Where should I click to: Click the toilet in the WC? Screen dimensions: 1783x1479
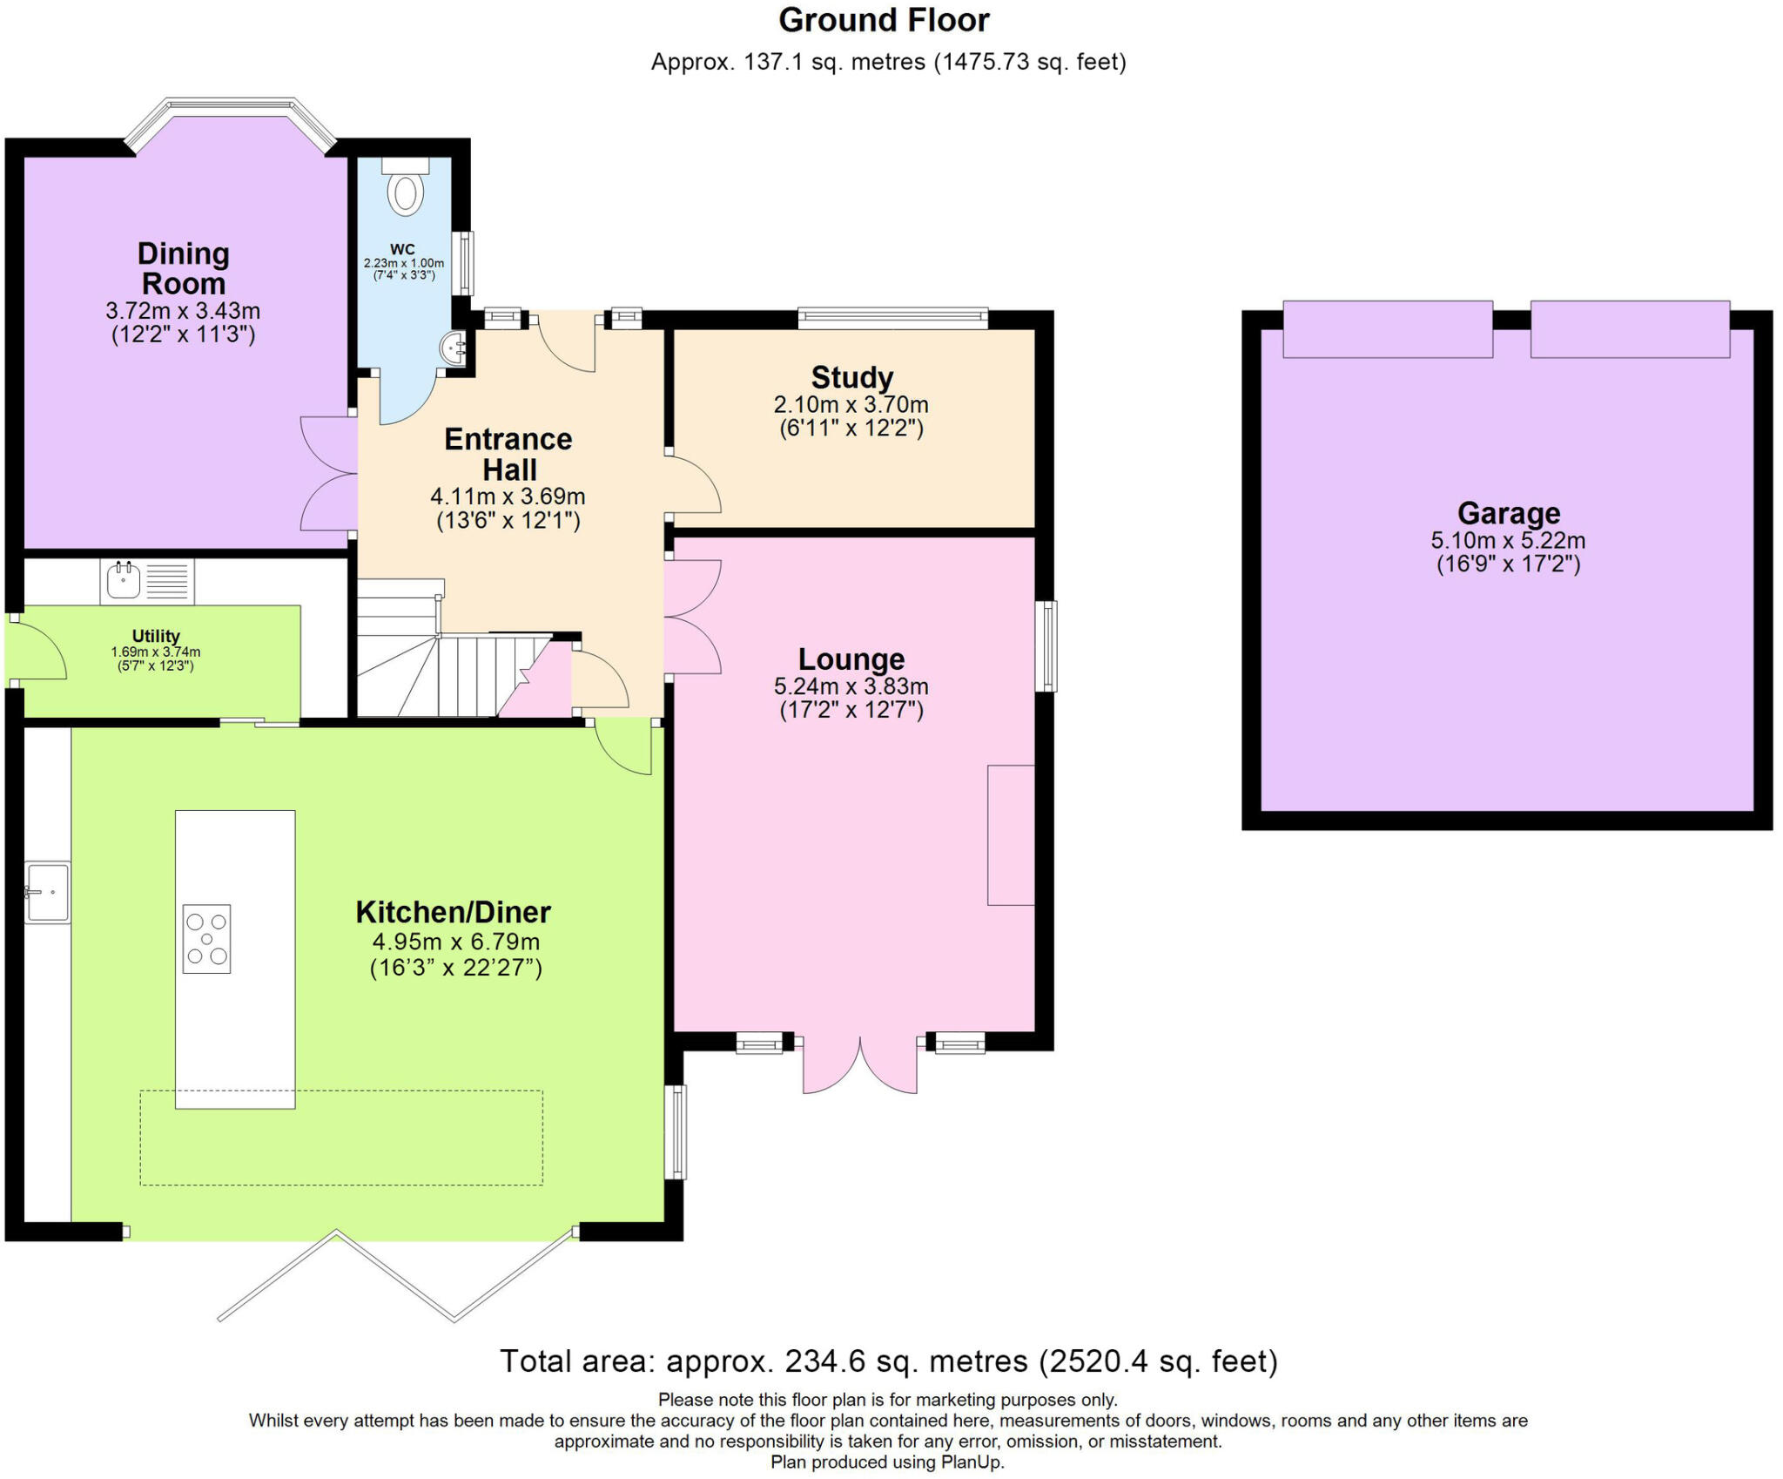406,186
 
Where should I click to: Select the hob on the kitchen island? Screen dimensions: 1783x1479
206,938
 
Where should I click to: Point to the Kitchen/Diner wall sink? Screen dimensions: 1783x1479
47,892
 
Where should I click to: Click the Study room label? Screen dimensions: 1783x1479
852,377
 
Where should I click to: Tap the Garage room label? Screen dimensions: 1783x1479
1509,512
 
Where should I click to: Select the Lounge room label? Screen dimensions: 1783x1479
851,658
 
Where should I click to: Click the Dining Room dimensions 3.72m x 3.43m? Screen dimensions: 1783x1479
183,310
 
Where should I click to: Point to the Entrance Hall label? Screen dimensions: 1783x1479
509,454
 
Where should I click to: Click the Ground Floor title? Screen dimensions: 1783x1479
884,19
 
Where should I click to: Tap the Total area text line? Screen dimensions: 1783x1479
889,1361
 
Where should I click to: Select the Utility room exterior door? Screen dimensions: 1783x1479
37,649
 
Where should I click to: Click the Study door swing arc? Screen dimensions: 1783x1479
696,483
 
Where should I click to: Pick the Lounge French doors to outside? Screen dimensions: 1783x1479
860,1064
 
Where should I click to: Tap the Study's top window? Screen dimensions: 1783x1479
893,318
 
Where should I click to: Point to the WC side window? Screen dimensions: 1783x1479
466,263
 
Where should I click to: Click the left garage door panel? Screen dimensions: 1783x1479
1388,328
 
